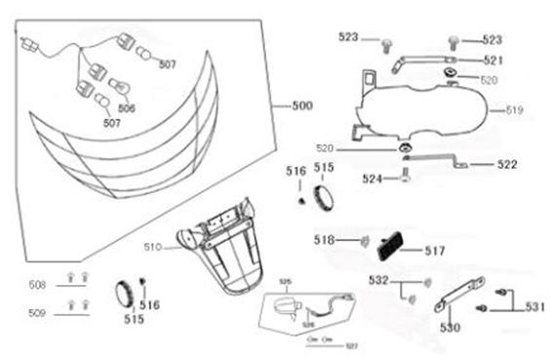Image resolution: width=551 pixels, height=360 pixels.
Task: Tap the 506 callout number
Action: click(127, 107)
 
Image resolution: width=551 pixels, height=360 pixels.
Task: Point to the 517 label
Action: click(434, 250)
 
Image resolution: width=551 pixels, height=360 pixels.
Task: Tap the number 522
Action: click(506, 165)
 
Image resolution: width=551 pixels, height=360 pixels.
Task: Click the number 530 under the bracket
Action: click(451, 329)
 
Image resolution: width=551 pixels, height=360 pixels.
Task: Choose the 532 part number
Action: click(379, 281)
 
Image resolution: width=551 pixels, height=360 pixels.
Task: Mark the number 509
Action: click(37, 313)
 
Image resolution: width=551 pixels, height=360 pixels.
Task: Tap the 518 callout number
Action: click(323, 240)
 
